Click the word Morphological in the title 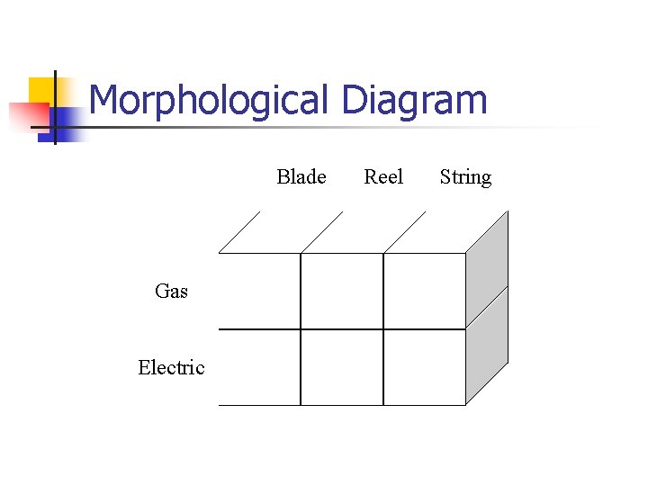[211, 100]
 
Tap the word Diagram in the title [414, 100]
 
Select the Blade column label [301, 177]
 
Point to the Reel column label [383, 177]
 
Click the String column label [465, 177]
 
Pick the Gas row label [171, 291]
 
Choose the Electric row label [171, 367]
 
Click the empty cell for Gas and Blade [259, 291]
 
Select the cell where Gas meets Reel [342, 291]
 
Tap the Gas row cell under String [425, 291]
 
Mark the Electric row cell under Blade [259, 367]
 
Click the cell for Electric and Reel [342, 367]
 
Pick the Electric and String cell [425, 367]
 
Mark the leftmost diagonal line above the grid [239, 231]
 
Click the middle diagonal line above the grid [321, 231]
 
